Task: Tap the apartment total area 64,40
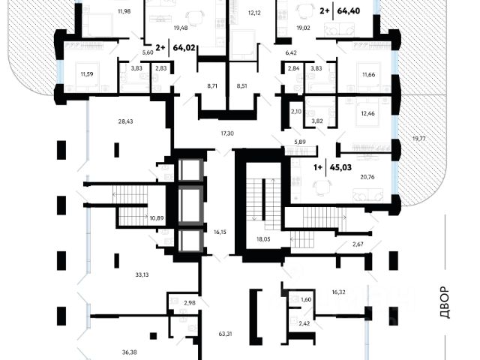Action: pyautogui.click(x=348, y=11)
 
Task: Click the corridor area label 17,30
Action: pyautogui.click(x=226, y=133)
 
